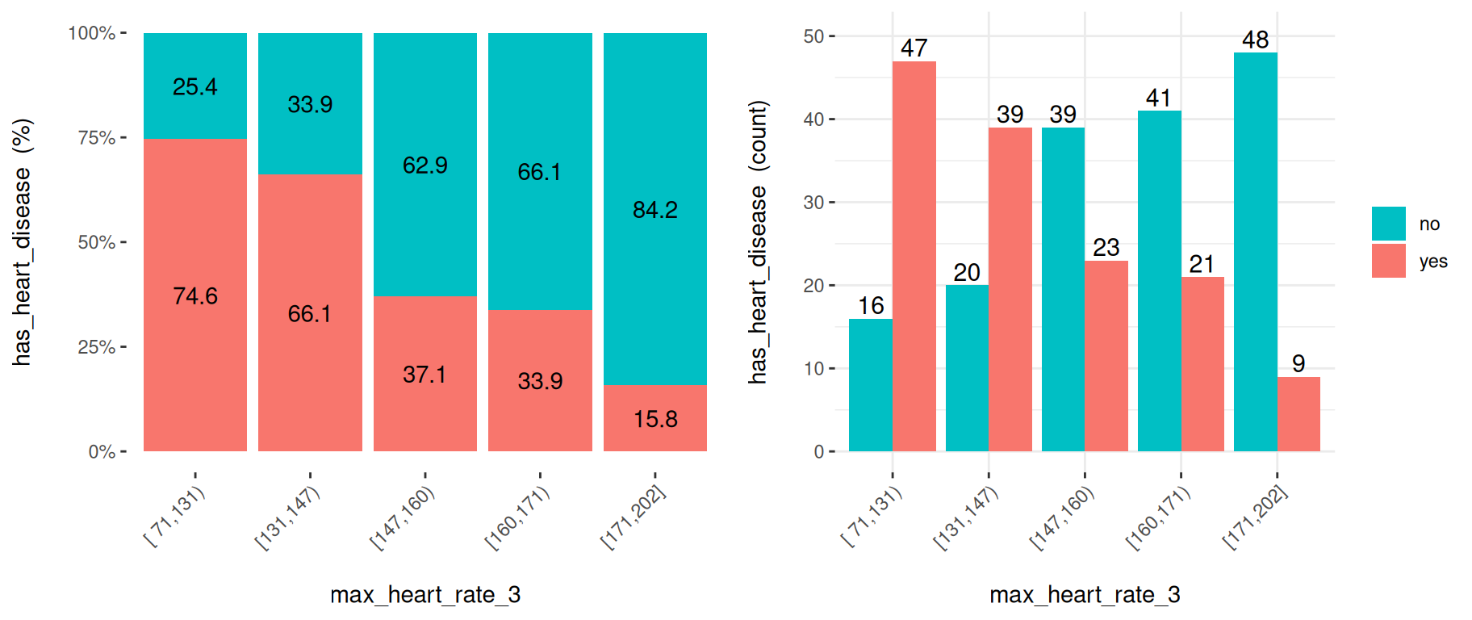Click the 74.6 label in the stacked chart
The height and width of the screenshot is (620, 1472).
tap(195, 296)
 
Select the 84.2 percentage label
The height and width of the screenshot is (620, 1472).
tap(654, 210)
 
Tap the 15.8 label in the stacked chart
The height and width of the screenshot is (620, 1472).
tap(654, 419)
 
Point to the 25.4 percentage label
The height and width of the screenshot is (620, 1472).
tap(195, 87)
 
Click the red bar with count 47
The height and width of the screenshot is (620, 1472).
tap(914, 256)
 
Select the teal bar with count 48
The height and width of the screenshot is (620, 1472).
tap(1255, 252)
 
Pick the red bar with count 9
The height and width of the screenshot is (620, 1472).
tap(1298, 413)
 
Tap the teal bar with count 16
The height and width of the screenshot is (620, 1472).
tap(871, 384)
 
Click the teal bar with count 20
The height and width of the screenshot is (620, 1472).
tap(967, 368)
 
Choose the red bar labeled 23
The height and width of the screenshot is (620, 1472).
tap(1106, 355)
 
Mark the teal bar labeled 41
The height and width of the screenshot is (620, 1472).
tap(1159, 281)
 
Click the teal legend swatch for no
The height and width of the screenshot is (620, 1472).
tap(1388, 224)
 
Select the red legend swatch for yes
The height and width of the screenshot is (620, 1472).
tap(1388, 261)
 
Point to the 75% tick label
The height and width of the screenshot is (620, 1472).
tap(96, 138)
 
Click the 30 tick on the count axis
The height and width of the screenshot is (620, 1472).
tap(813, 203)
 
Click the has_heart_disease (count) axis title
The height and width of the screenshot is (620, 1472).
tap(758, 242)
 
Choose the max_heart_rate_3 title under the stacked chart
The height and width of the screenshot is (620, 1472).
tap(425, 595)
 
